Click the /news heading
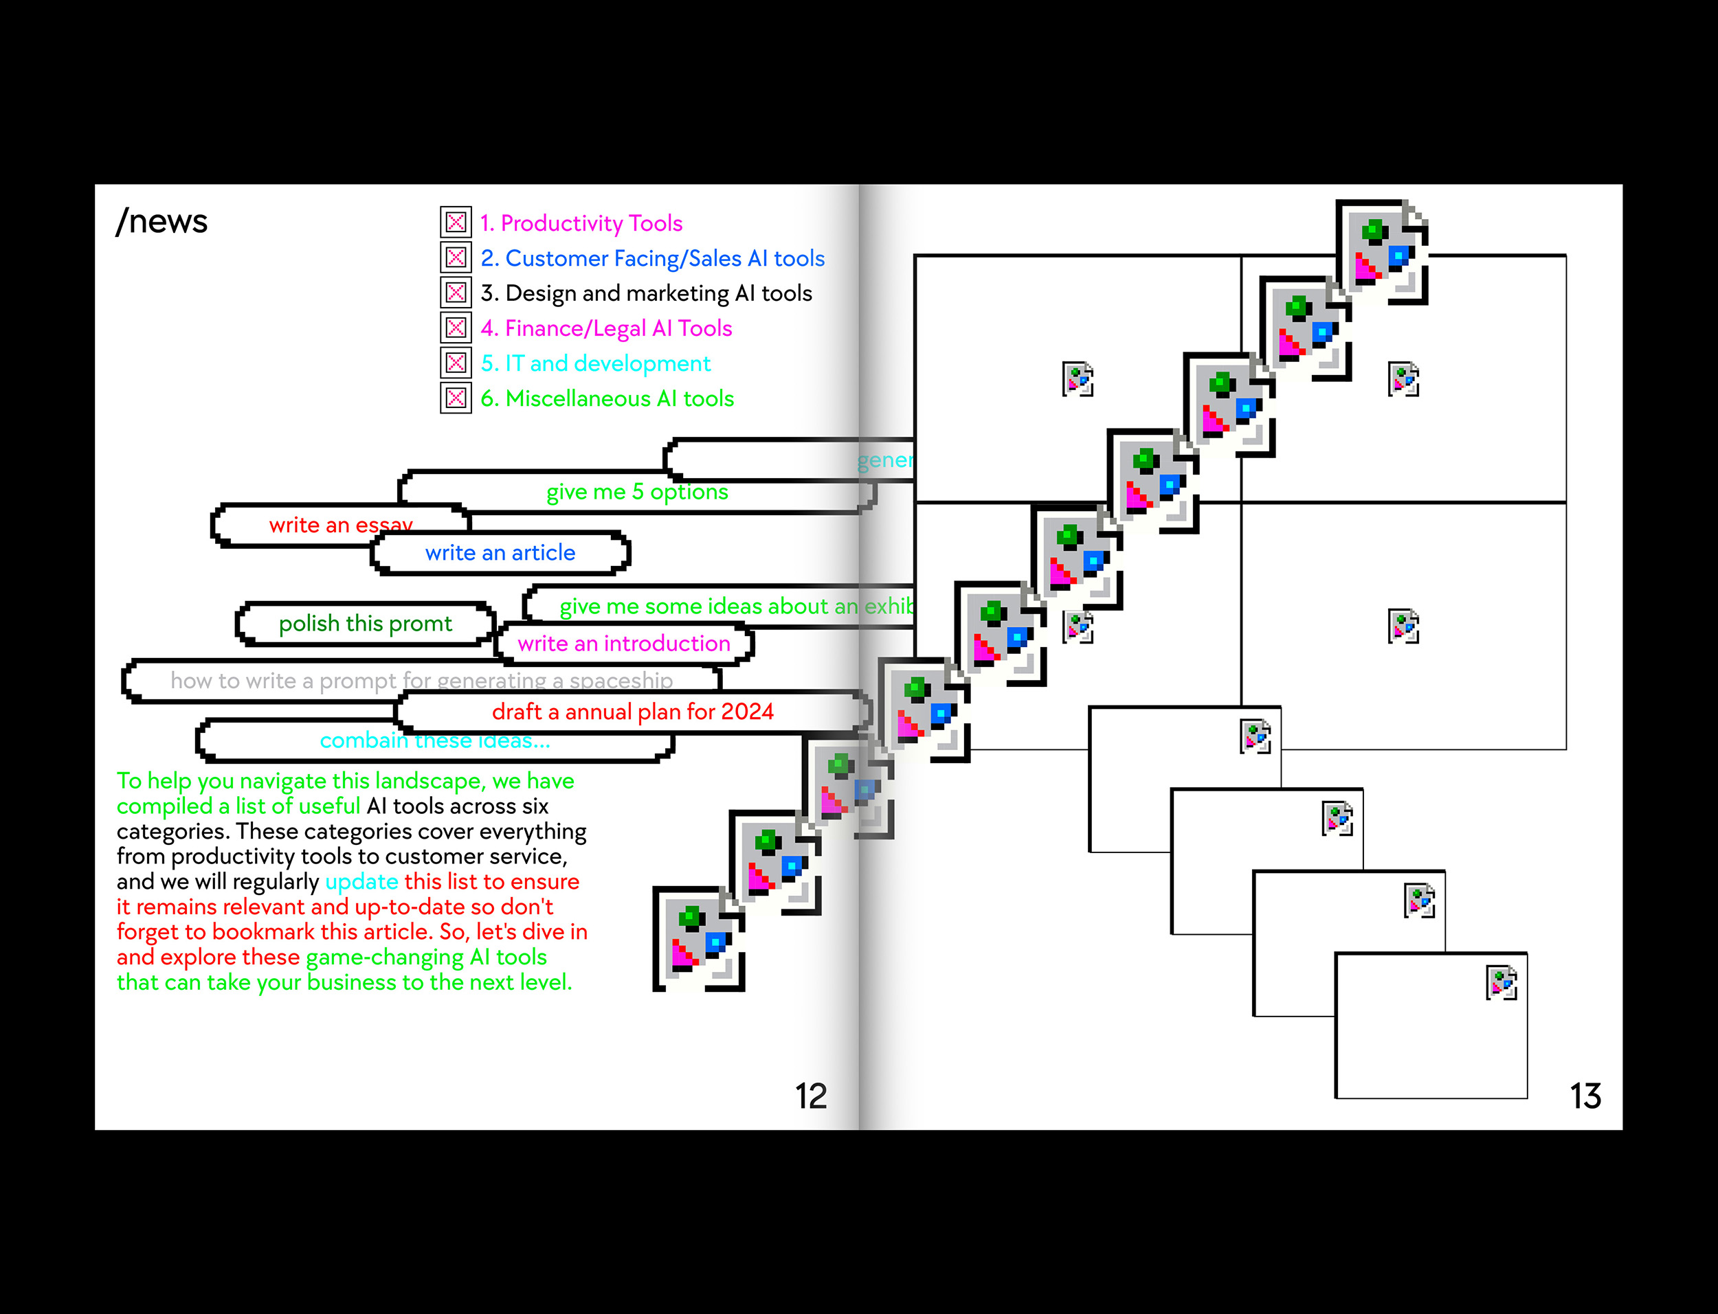coord(162,221)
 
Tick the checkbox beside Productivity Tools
coord(456,223)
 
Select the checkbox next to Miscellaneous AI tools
coord(456,398)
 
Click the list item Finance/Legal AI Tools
coord(606,328)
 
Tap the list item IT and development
coord(595,363)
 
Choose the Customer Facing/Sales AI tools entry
coord(652,258)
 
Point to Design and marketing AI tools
coord(646,293)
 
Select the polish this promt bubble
coord(366,624)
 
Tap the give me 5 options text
coord(637,492)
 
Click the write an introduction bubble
coord(623,644)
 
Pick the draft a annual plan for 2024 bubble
coord(632,712)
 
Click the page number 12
coord(810,1096)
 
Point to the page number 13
coord(1585,1096)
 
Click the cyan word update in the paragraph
coord(361,881)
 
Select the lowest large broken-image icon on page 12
coord(698,938)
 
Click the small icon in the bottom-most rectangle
coord(1501,983)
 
